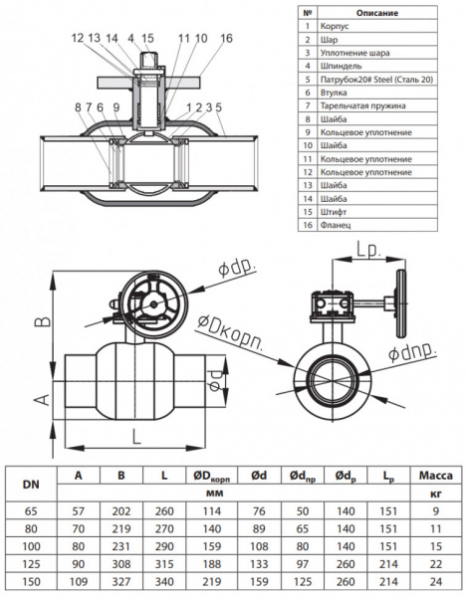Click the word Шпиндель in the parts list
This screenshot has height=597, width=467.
point(341,67)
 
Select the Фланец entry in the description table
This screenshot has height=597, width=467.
point(336,225)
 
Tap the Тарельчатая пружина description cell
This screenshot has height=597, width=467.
point(362,105)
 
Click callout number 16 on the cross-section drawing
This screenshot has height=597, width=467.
point(226,38)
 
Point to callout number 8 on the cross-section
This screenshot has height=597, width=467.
point(78,107)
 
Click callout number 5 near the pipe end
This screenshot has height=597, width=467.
point(218,107)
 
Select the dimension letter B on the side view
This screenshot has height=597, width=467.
point(44,321)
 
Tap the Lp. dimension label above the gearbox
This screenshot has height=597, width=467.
point(368,250)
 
